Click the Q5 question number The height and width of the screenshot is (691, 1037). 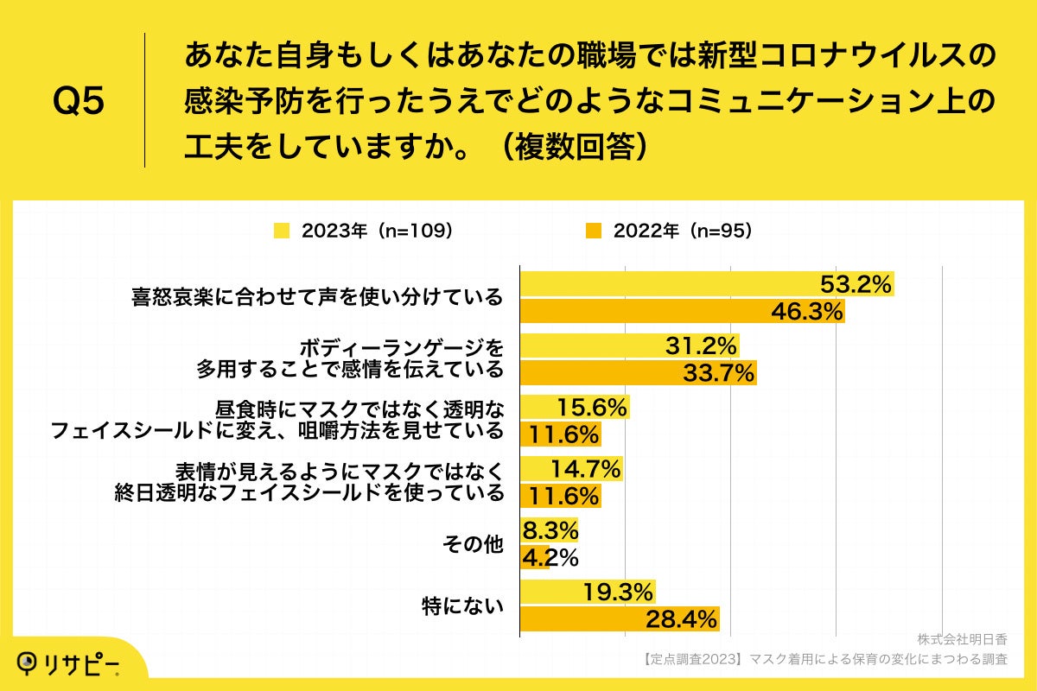tap(79, 102)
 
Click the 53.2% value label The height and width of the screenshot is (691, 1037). tap(856, 284)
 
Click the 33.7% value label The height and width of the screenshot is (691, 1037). tap(719, 373)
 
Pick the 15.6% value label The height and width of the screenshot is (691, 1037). tap(592, 407)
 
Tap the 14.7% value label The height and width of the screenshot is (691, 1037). tap(585, 469)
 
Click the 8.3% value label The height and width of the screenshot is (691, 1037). tap(549, 530)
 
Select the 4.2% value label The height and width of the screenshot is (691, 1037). tap(549, 558)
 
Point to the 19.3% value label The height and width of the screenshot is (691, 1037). tap(618, 592)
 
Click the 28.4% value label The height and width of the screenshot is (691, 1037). tap(682, 619)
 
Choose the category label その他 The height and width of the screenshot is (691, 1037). tap(472, 545)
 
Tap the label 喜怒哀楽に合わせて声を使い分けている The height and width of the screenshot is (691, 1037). tap(316, 298)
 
